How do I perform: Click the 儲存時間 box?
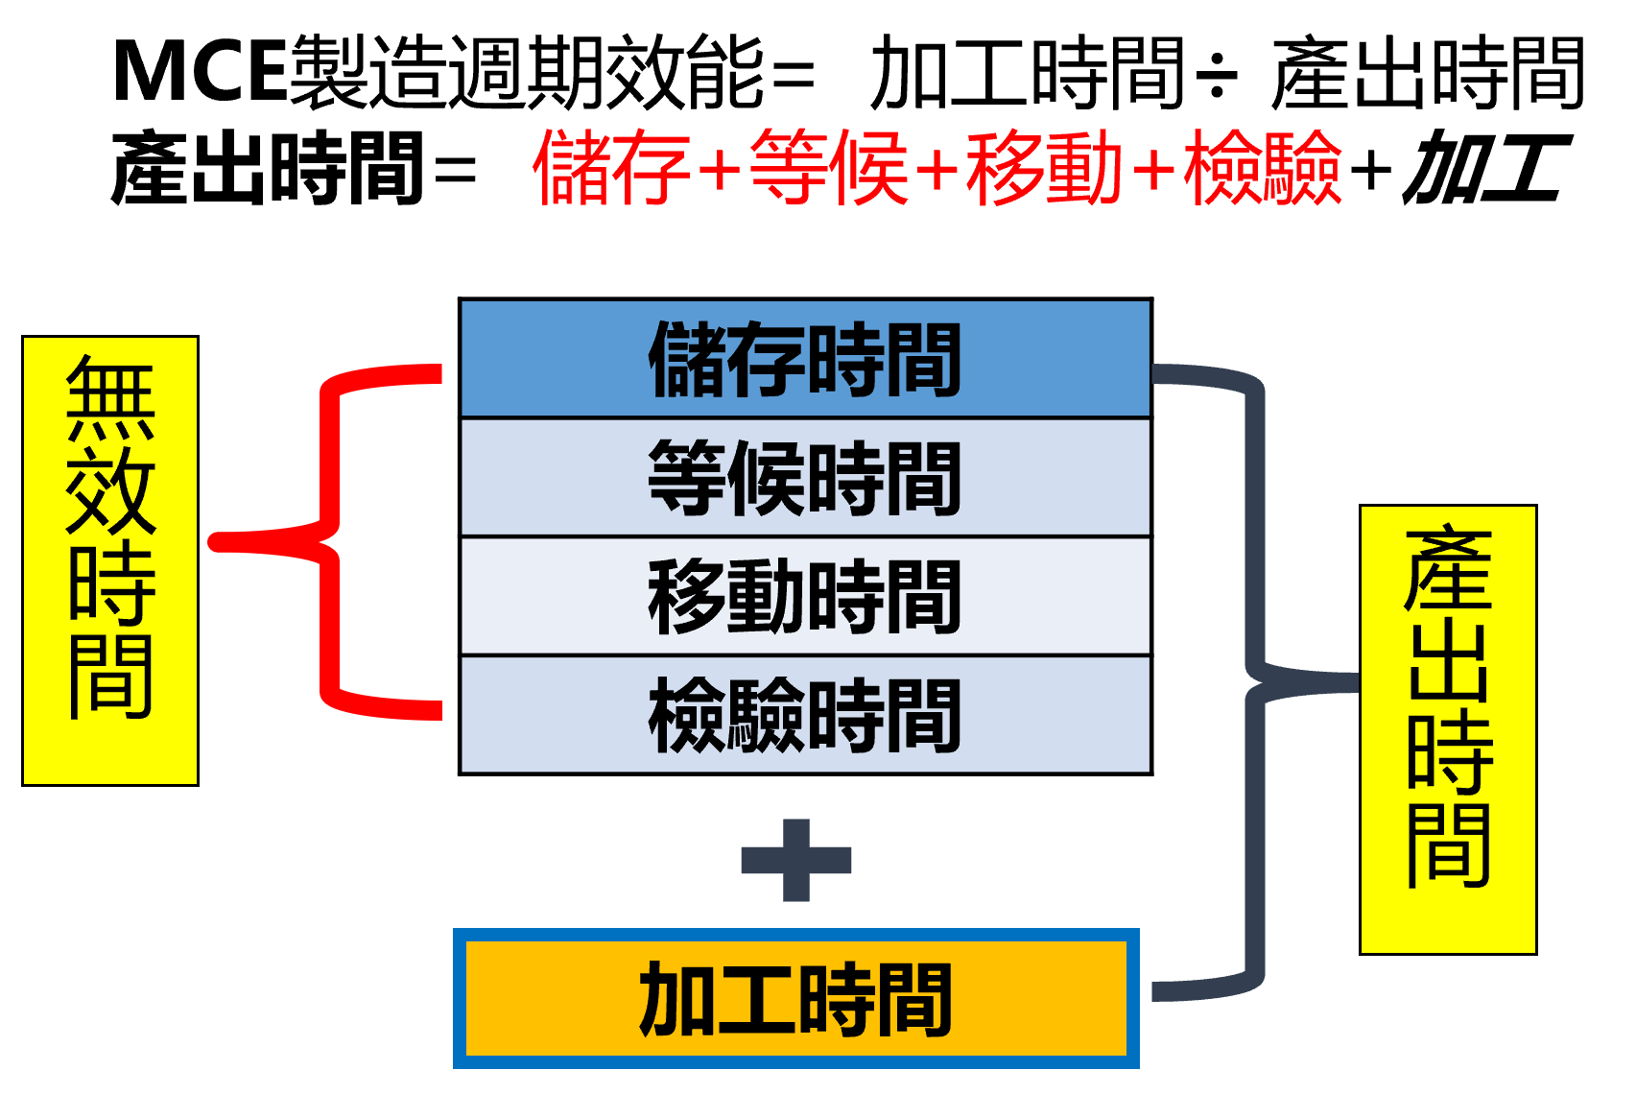805,359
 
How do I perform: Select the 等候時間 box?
805,477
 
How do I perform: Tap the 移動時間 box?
805,596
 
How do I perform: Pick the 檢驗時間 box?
805,715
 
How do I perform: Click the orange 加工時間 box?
795,999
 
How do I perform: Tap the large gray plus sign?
796,860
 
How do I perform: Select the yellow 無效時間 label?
110,560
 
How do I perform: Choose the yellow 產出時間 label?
1448,729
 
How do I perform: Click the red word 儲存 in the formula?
612,169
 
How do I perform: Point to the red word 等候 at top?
829,169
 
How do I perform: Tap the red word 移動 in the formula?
1044,169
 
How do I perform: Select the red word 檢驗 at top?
1262,169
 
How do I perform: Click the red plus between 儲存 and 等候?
720,172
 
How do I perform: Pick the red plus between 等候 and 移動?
937,172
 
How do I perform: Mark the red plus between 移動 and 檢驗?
1153,172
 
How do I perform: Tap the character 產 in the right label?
1448,570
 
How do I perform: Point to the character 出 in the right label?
1448,662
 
